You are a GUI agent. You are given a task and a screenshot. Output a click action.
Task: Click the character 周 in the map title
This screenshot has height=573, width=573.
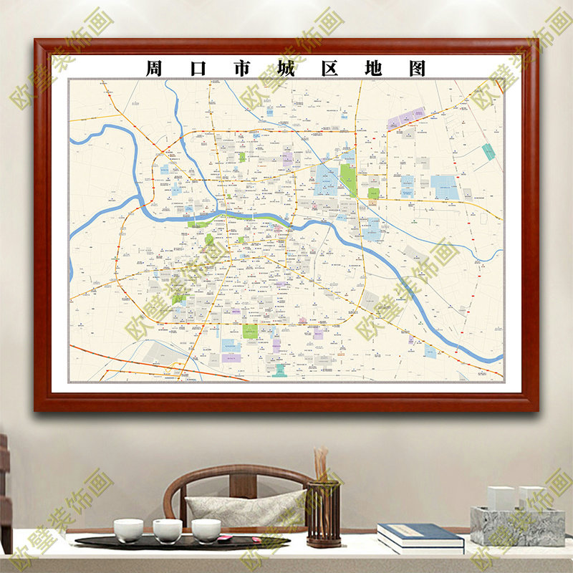coord(154,69)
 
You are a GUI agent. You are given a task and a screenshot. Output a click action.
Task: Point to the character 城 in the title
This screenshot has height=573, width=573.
coord(286,69)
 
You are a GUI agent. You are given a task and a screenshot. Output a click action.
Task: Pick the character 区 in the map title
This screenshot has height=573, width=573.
coord(330,69)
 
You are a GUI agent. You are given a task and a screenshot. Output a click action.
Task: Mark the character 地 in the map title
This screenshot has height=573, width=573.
coord(374,69)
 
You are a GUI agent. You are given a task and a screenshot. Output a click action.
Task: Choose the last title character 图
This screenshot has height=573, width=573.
coord(418,69)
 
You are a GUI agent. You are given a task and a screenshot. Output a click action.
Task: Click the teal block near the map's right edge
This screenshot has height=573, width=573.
coord(488,152)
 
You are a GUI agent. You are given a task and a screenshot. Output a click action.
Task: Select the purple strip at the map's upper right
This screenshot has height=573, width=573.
coord(406,117)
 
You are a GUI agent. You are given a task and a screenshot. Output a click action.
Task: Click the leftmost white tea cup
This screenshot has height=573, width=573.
coord(128,530)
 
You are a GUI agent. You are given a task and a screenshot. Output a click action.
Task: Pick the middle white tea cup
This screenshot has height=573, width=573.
coord(168,531)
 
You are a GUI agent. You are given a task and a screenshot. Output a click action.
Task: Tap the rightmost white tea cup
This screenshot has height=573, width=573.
coord(206,530)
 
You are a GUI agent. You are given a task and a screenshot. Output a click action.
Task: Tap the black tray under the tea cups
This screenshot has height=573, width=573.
coord(179,543)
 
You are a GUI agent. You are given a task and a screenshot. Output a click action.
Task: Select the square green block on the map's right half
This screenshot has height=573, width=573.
coord(373,193)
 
